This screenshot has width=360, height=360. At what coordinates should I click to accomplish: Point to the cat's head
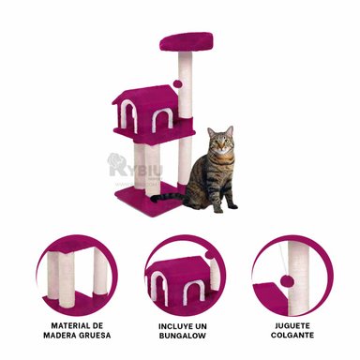click(221, 143)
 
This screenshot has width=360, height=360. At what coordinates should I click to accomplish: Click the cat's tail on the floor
click(168, 198)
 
